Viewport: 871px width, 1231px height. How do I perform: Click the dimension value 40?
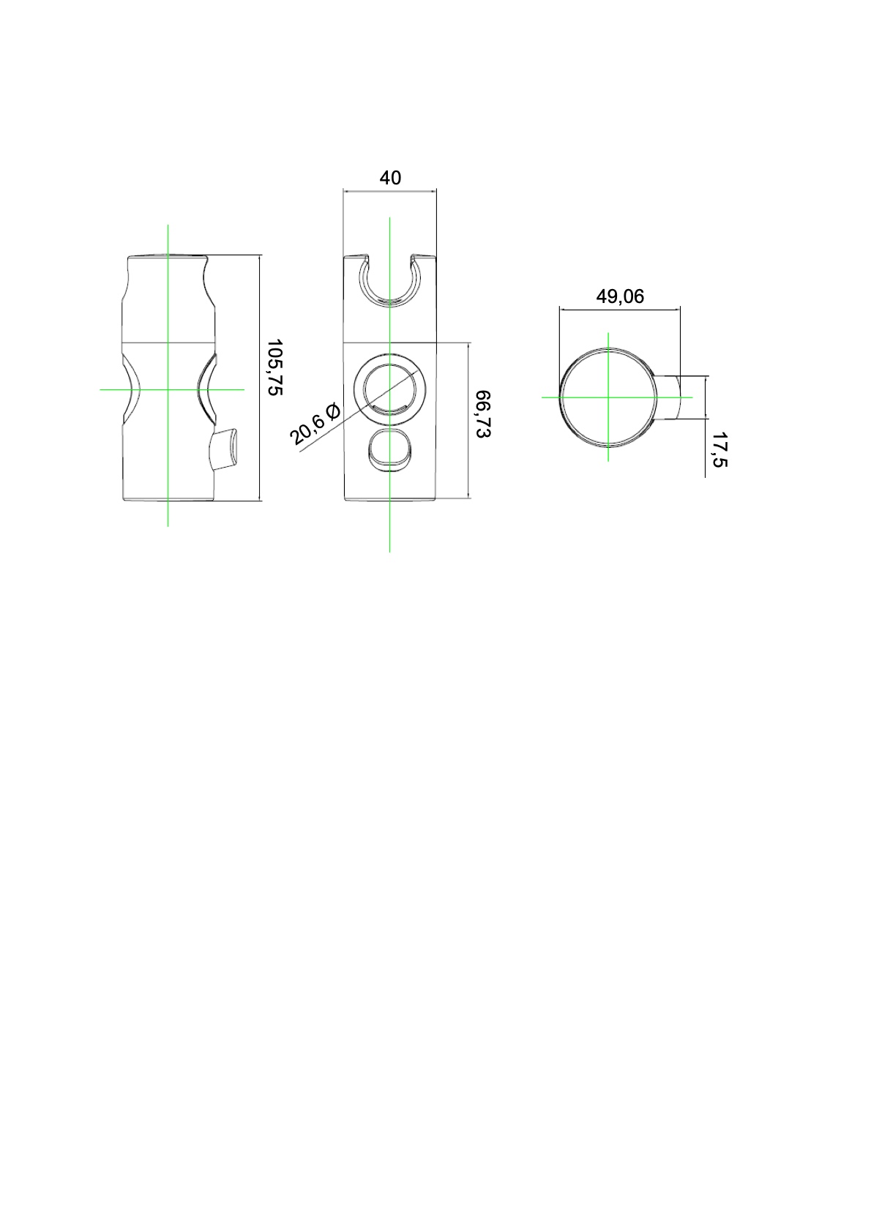click(x=390, y=178)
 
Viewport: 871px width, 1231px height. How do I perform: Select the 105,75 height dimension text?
click(x=274, y=367)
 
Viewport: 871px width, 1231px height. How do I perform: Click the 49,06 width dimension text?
click(x=620, y=296)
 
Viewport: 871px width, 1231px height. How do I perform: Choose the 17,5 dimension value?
click(x=719, y=449)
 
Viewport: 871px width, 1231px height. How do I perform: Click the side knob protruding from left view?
click(x=225, y=452)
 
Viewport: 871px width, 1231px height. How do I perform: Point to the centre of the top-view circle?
click(x=608, y=397)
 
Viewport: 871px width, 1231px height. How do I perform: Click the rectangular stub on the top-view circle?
click(x=670, y=397)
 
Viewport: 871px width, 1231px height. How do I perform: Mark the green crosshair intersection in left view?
click(x=168, y=389)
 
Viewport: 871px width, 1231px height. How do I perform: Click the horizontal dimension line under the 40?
click(x=390, y=191)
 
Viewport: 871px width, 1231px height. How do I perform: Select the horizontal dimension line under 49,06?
click(x=620, y=309)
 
